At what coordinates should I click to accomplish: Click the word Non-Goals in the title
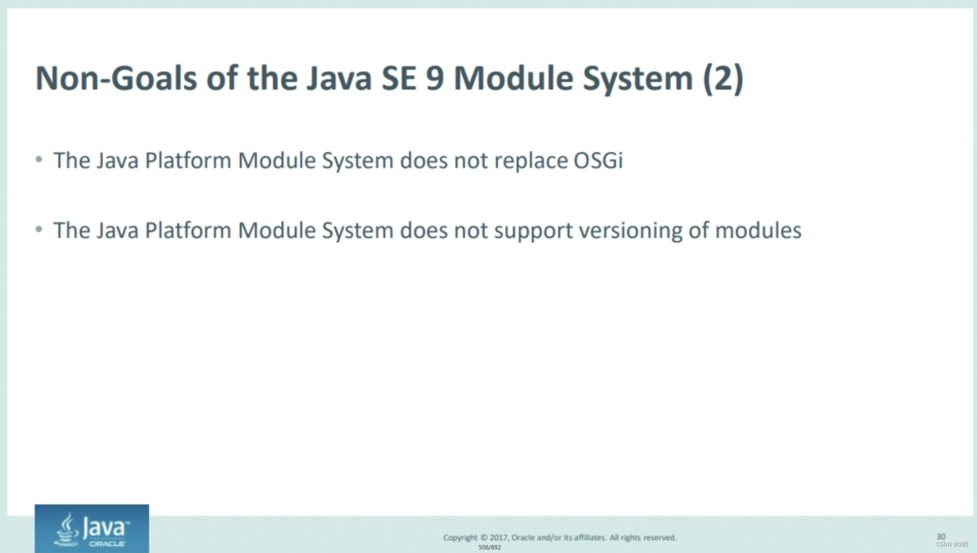pos(116,79)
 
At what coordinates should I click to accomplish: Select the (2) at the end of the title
pos(723,79)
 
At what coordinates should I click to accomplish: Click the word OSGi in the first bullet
pos(598,161)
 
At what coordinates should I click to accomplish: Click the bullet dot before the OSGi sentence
pos(39,160)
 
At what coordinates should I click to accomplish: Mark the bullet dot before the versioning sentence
pos(39,229)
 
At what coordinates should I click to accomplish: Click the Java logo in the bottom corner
pos(92,528)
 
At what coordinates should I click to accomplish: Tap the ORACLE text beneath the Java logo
pos(107,543)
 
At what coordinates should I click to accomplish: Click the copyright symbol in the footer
pos(484,537)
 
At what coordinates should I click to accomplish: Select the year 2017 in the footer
pos(498,537)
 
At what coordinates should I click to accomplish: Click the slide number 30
pos(940,536)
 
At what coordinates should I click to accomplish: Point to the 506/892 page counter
pos(489,547)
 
